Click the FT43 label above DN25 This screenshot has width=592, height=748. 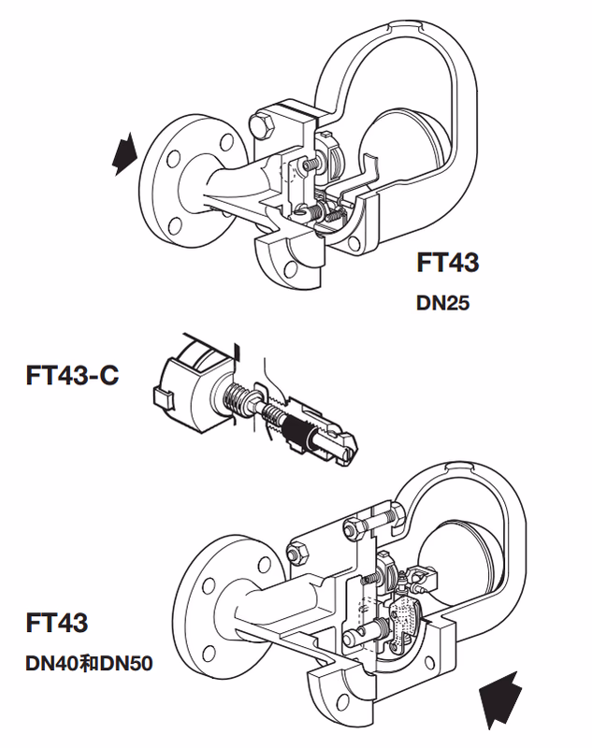[x=448, y=263]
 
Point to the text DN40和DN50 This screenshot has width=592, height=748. [x=88, y=665]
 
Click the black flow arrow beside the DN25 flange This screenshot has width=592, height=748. [x=124, y=153]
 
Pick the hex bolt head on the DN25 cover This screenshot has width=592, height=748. [x=261, y=127]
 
